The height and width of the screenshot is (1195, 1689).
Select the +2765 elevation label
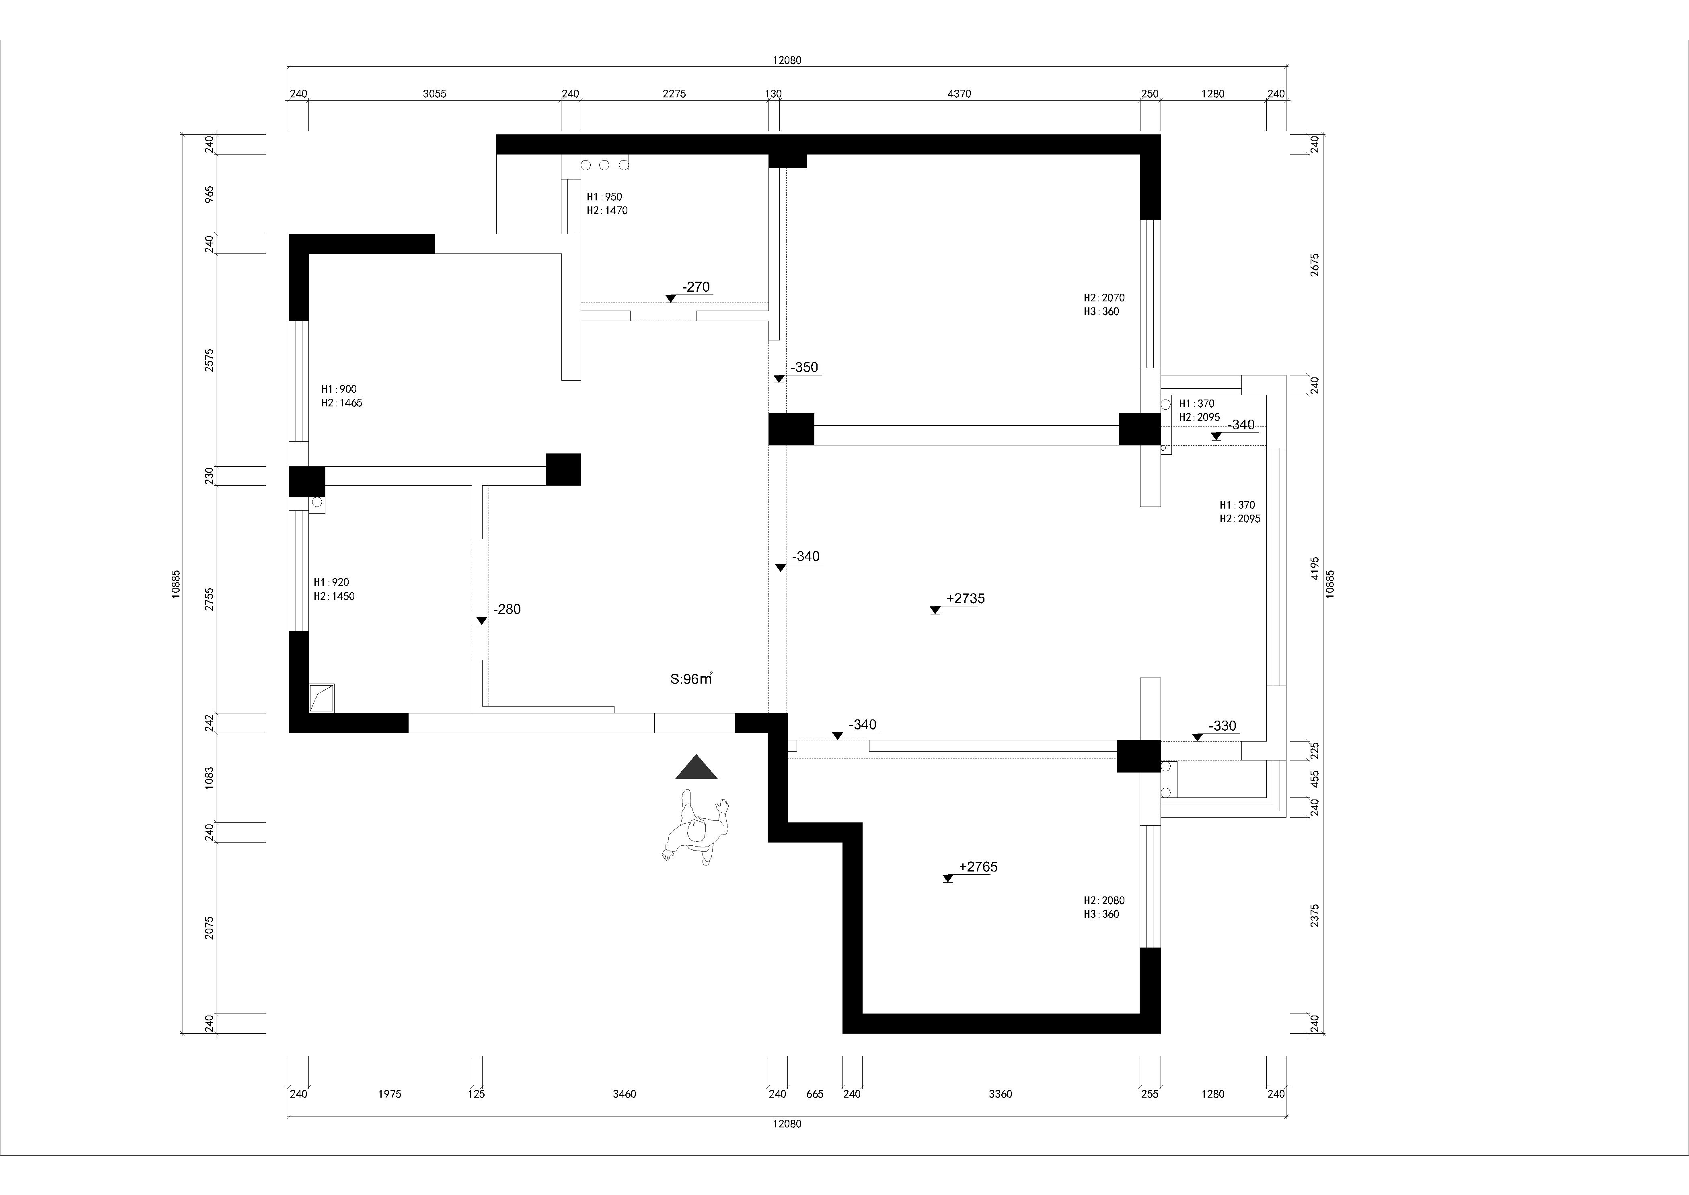(x=978, y=867)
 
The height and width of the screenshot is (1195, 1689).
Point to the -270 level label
(x=696, y=287)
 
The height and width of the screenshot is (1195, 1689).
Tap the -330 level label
(x=1223, y=725)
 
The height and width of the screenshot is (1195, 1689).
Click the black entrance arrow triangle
(x=696, y=767)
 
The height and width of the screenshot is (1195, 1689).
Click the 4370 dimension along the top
(x=959, y=93)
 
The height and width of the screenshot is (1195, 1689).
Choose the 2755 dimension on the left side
(x=210, y=599)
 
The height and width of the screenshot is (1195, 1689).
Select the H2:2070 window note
(x=1103, y=298)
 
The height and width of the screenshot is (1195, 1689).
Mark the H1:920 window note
(x=331, y=583)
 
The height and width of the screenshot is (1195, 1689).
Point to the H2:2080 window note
(x=1103, y=900)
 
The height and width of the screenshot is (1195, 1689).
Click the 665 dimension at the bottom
(x=814, y=1094)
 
